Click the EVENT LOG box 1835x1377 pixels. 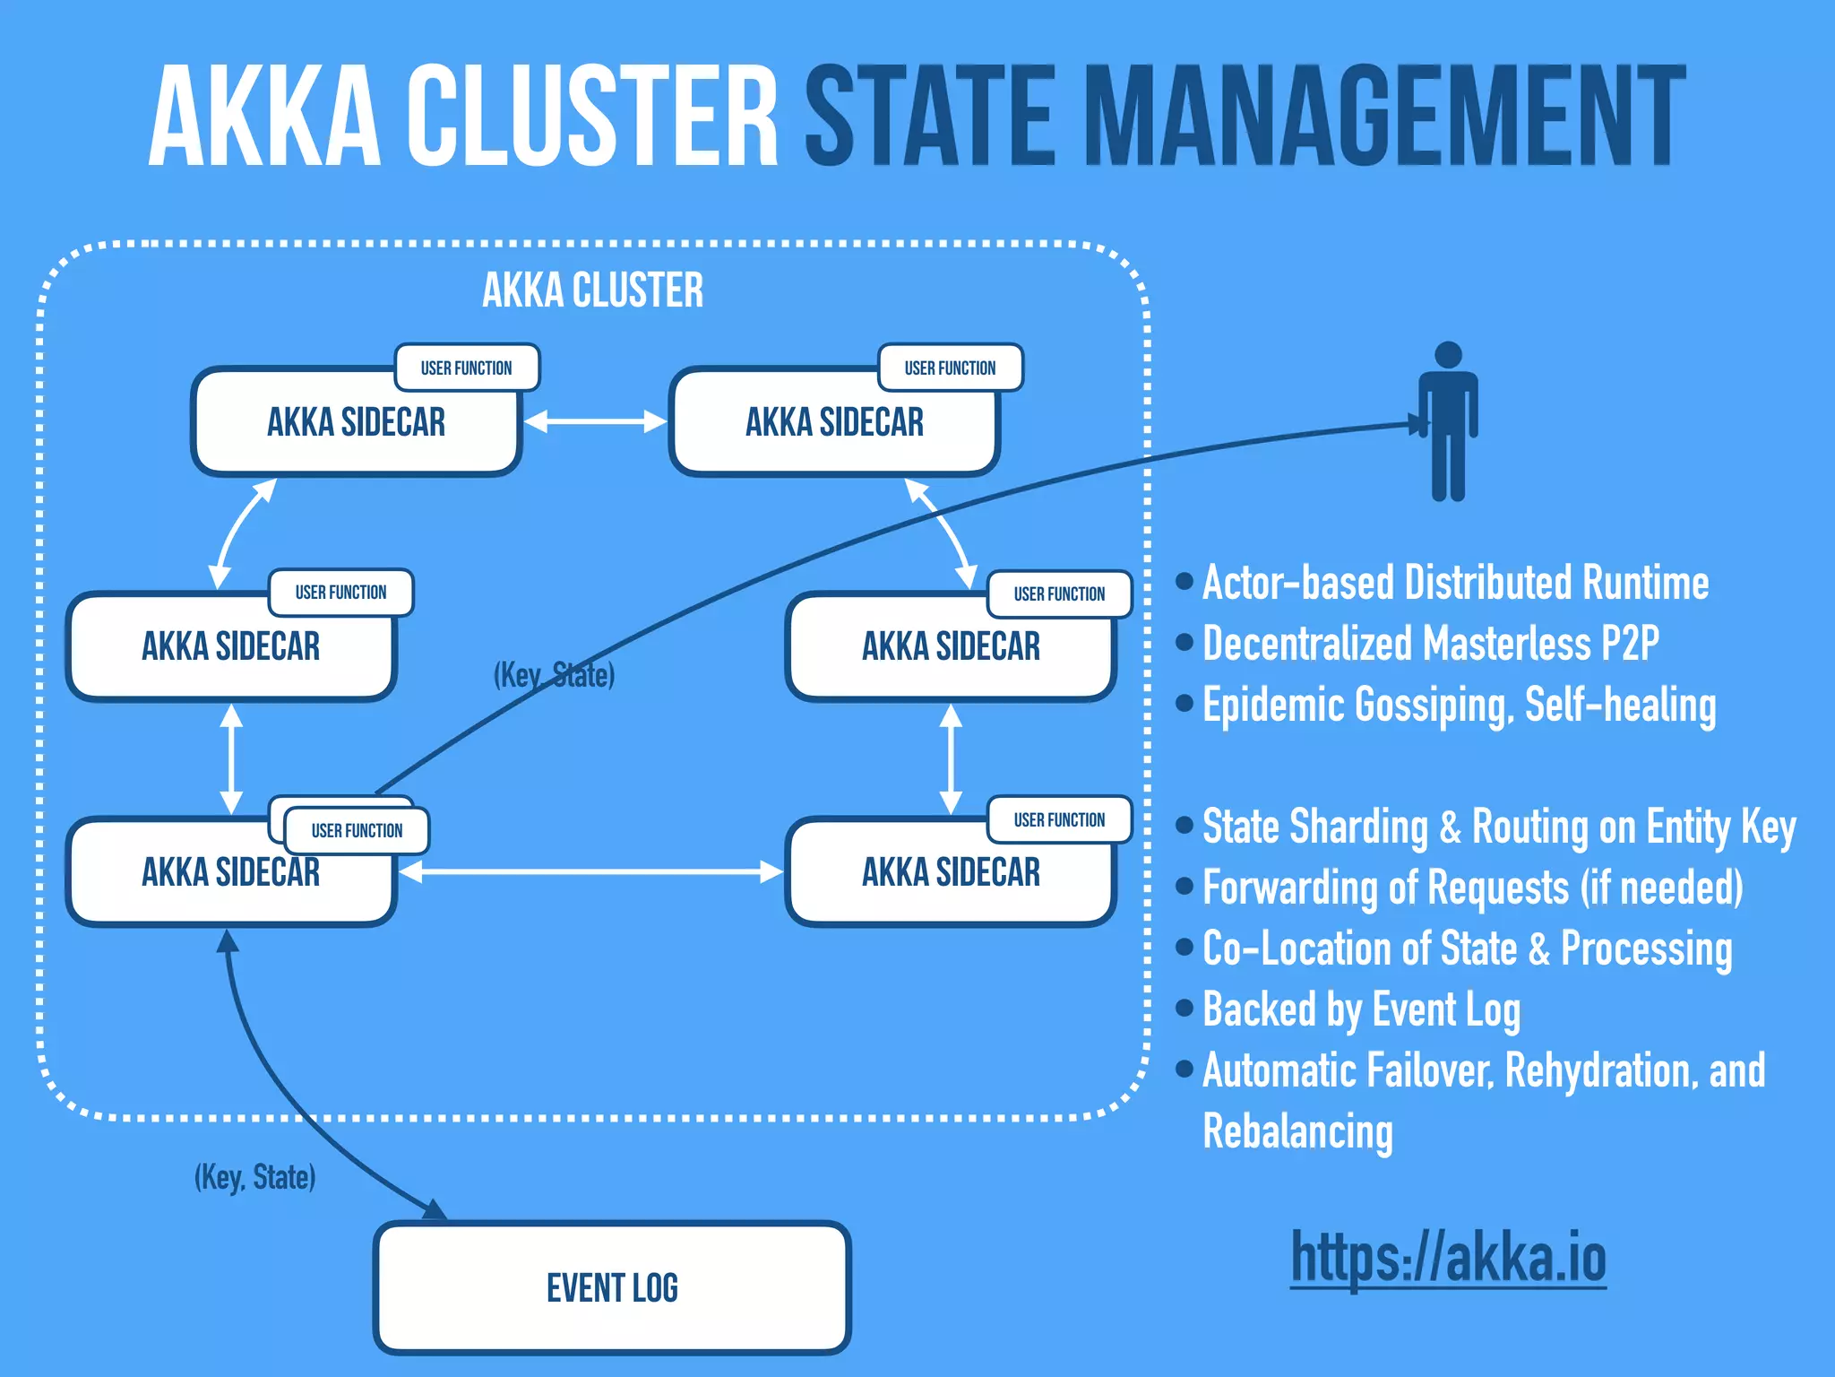click(612, 1287)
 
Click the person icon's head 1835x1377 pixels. click(1448, 355)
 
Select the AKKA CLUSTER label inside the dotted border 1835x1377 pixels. click(592, 290)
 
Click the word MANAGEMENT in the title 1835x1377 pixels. click(1383, 117)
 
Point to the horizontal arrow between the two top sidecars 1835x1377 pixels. click(595, 421)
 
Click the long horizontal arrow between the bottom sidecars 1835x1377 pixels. click(591, 871)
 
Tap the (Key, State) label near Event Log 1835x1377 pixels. click(255, 1176)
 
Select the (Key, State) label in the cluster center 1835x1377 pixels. click(554, 674)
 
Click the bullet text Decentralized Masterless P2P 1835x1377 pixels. click(1430, 644)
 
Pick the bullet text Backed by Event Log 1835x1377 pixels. click(1361, 1009)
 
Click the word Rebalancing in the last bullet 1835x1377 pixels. click(1297, 1131)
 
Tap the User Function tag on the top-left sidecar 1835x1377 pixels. click(467, 368)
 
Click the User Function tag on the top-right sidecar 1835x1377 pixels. click(950, 368)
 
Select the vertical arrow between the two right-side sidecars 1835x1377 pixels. click(951, 758)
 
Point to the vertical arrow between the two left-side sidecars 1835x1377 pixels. click(231, 758)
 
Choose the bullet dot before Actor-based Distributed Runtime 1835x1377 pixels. click(1185, 582)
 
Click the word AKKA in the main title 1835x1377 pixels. click(265, 117)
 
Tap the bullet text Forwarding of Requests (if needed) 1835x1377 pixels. click(1472, 888)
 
